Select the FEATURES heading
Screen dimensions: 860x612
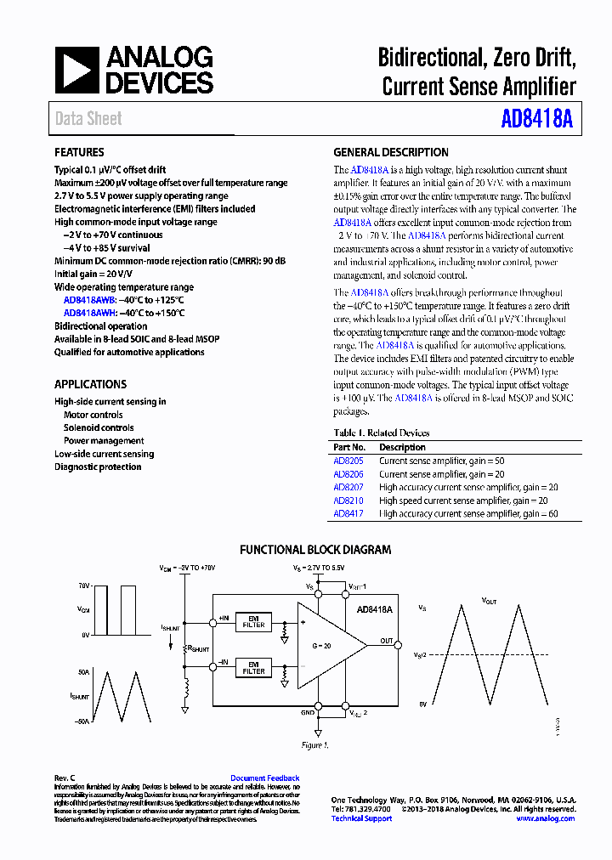79,153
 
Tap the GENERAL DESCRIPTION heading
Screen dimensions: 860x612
390,153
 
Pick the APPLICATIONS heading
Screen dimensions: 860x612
90,384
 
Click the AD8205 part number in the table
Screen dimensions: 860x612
348,461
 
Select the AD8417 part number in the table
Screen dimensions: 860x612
348,513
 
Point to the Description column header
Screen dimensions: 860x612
402,447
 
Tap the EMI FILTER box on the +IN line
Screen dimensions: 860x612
253,621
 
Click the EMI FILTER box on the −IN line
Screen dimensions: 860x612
253,668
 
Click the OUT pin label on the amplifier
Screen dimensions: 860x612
387,641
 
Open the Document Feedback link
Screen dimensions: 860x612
264,778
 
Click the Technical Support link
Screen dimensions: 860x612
361,818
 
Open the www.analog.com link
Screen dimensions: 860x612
545,818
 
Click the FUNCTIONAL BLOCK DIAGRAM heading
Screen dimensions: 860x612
315,550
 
